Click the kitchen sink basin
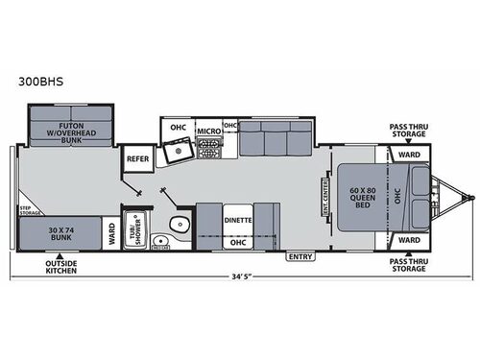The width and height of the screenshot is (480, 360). point(177,152)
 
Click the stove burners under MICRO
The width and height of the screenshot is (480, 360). point(208,148)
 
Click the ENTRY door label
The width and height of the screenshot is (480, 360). point(300,256)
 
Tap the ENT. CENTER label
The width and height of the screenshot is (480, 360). point(325,196)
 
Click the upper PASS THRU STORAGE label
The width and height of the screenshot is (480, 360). point(409,130)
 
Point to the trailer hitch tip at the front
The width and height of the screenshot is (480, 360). point(471,198)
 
